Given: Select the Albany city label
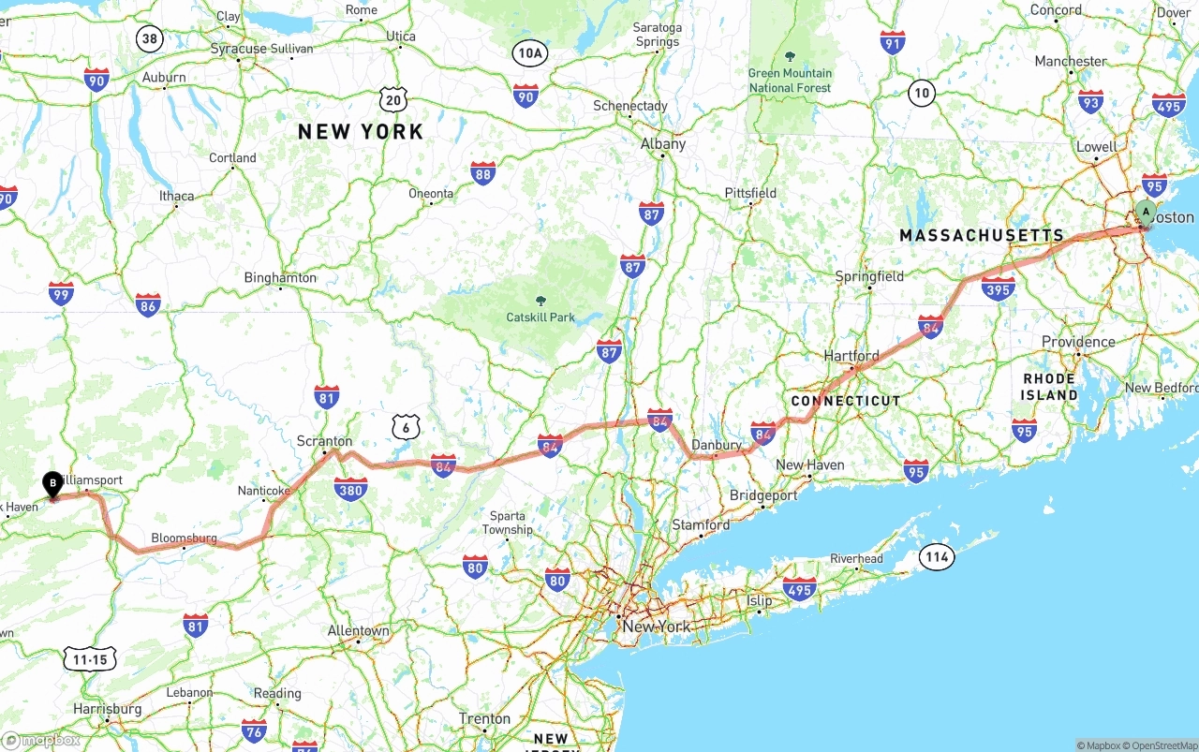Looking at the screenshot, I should [x=663, y=144].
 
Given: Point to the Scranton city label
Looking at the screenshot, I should [x=324, y=441].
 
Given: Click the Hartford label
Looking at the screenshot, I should [x=851, y=356].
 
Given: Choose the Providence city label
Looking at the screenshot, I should [x=1078, y=342].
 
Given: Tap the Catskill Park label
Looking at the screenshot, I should [x=540, y=317].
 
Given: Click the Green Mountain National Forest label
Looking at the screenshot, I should [x=790, y=81].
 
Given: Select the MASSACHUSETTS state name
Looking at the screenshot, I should [x=982, y=236].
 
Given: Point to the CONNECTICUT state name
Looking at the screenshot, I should [x=846, y=401].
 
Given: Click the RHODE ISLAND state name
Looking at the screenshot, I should [x=1049, y=387].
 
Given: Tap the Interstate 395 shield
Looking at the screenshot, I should [x=999, y=289].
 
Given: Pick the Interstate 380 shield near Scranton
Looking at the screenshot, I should [x=350, y=488].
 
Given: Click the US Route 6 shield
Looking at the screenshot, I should [x=407, y=427].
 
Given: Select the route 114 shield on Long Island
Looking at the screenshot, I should [x=936, y=557].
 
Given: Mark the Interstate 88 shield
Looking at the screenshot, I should [x=482, y=172].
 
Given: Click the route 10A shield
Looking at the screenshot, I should [x=529, y=53].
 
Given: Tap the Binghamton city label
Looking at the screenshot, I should [x=280, y=278].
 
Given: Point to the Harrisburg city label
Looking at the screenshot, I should [x=108, y=709].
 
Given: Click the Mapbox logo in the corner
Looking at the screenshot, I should [x=41, y=740].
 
